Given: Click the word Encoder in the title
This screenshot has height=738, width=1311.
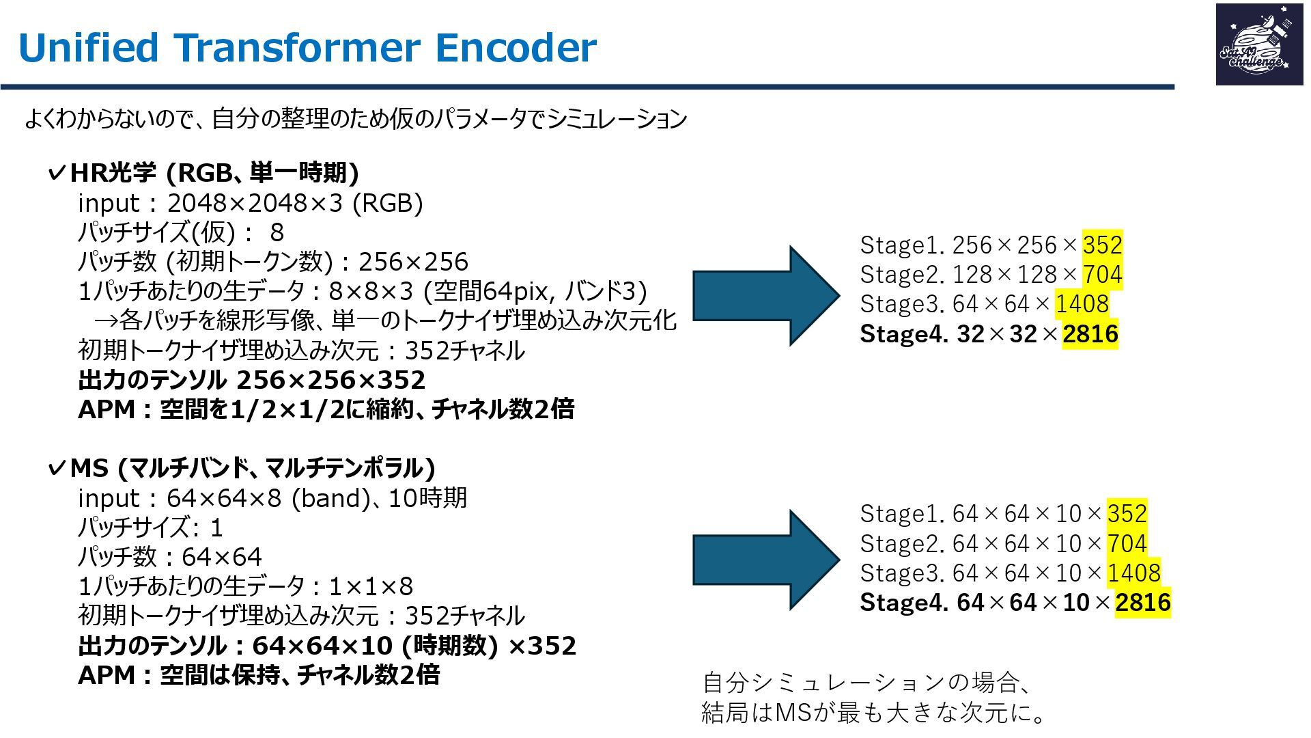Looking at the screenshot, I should [516, 48].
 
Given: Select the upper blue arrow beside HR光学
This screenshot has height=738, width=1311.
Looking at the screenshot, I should [765, 295].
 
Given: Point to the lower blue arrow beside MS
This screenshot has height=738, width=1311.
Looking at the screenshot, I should [765, 559].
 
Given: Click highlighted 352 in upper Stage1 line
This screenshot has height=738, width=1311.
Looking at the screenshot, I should [1102, 245].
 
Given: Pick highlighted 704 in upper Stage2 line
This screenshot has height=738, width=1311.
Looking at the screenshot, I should [1102, 274].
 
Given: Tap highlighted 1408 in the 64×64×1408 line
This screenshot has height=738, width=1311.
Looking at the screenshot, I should [1082, 303].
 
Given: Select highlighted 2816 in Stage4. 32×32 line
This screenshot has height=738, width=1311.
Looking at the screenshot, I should [1090, 333].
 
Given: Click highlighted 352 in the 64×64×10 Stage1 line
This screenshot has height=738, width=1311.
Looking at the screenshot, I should [1127, 513].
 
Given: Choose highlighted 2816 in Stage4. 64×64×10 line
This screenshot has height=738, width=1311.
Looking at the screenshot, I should [1142, 602].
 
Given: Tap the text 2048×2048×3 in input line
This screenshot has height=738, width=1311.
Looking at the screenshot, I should [255, 203].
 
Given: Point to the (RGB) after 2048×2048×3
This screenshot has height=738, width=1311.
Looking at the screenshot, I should [387, 203].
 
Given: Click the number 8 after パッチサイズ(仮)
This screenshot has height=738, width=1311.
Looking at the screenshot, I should [277, 232].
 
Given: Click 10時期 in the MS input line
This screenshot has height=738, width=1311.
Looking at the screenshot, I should [427, 498].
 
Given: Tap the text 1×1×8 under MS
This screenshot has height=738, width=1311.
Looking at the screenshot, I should [371, 586].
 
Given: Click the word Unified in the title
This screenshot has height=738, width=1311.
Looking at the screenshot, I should [88, 48].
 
